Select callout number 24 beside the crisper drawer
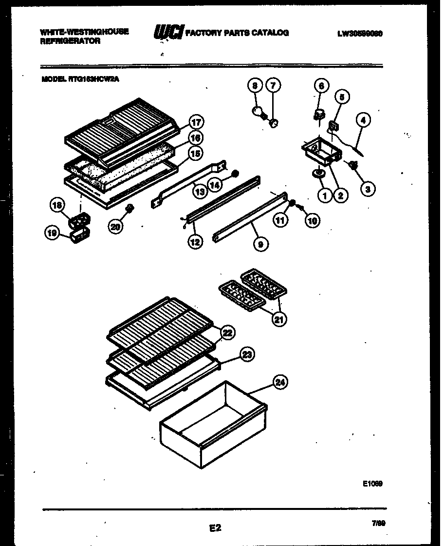click(x=280, y=383)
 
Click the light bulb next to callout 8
click(x=258, y=113)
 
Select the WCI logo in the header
click(x=168, y=33)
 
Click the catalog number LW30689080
click(x=359, y=34)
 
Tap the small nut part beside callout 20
click(x=130, y=209)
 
